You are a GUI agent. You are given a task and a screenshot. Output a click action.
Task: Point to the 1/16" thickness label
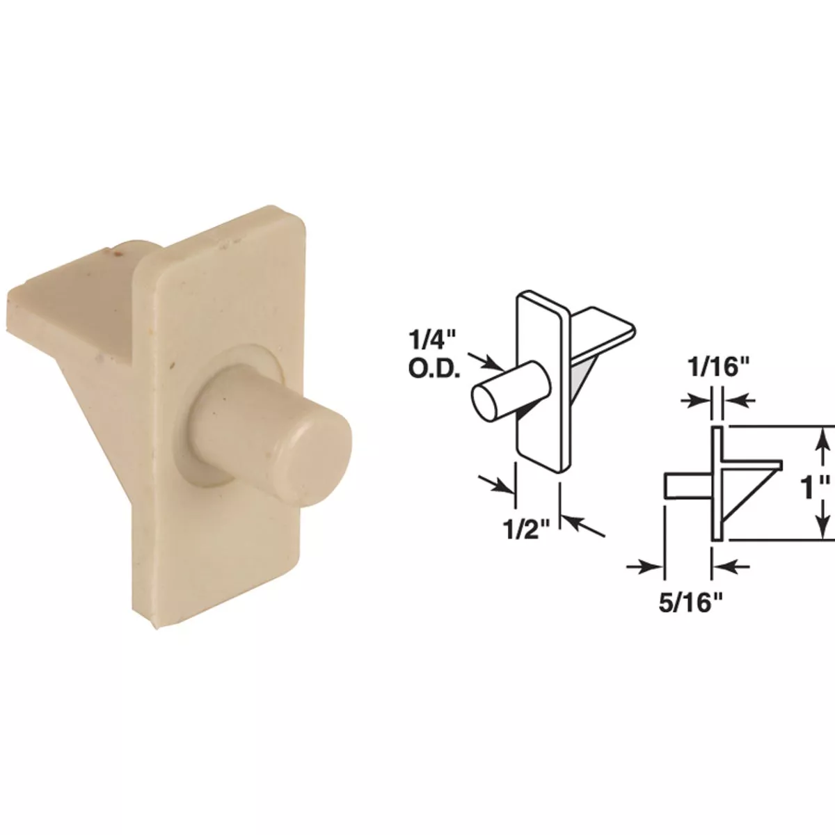tap(717, 367)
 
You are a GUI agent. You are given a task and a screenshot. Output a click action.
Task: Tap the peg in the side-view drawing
tap(685, 486)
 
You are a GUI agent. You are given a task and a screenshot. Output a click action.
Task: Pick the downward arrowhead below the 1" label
tap(822, 530)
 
